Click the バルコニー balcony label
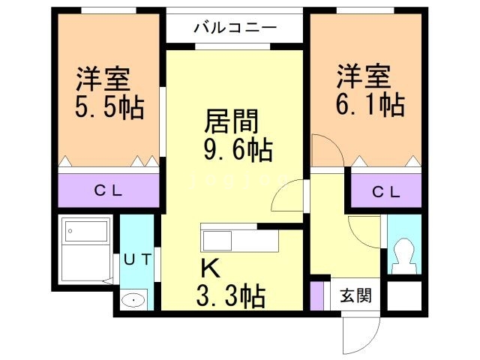tap(235, 28)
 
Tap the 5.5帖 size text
tap(109, 107)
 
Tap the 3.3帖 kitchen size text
tap(231, 297)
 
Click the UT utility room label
tap(137, 259)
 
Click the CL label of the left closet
tap(109, 190)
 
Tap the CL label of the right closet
tap(387, 192)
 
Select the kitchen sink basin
tap(219, 241)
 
